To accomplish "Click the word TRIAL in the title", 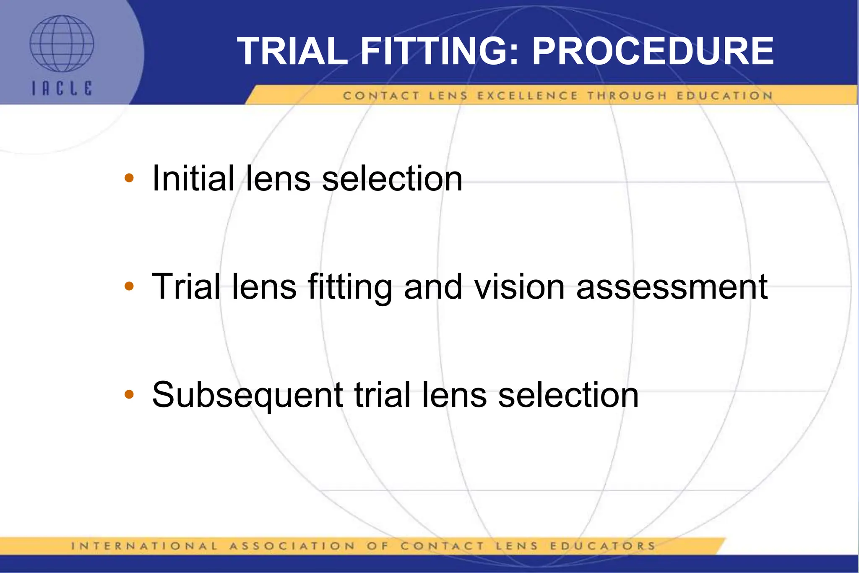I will point(292,51).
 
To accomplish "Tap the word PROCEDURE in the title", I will point(653,51).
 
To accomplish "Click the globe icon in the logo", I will point(62,44).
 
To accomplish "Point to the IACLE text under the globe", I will point(62,88).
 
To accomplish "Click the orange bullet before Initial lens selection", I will point(129,178).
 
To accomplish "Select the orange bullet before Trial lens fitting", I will point(129,286).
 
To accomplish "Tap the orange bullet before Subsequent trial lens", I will point(129,394).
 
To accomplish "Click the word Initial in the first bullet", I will point(193,178).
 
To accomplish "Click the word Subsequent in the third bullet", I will point(247,395).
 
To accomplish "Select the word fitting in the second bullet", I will point(350,288).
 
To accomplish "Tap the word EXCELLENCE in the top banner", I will point(528,96).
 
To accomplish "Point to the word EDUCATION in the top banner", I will point(724,96).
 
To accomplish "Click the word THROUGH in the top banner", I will point(627,96).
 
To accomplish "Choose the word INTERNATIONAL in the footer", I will point(145,546).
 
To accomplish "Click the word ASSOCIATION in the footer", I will point(292,546).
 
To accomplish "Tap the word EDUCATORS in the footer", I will point(603,546).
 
